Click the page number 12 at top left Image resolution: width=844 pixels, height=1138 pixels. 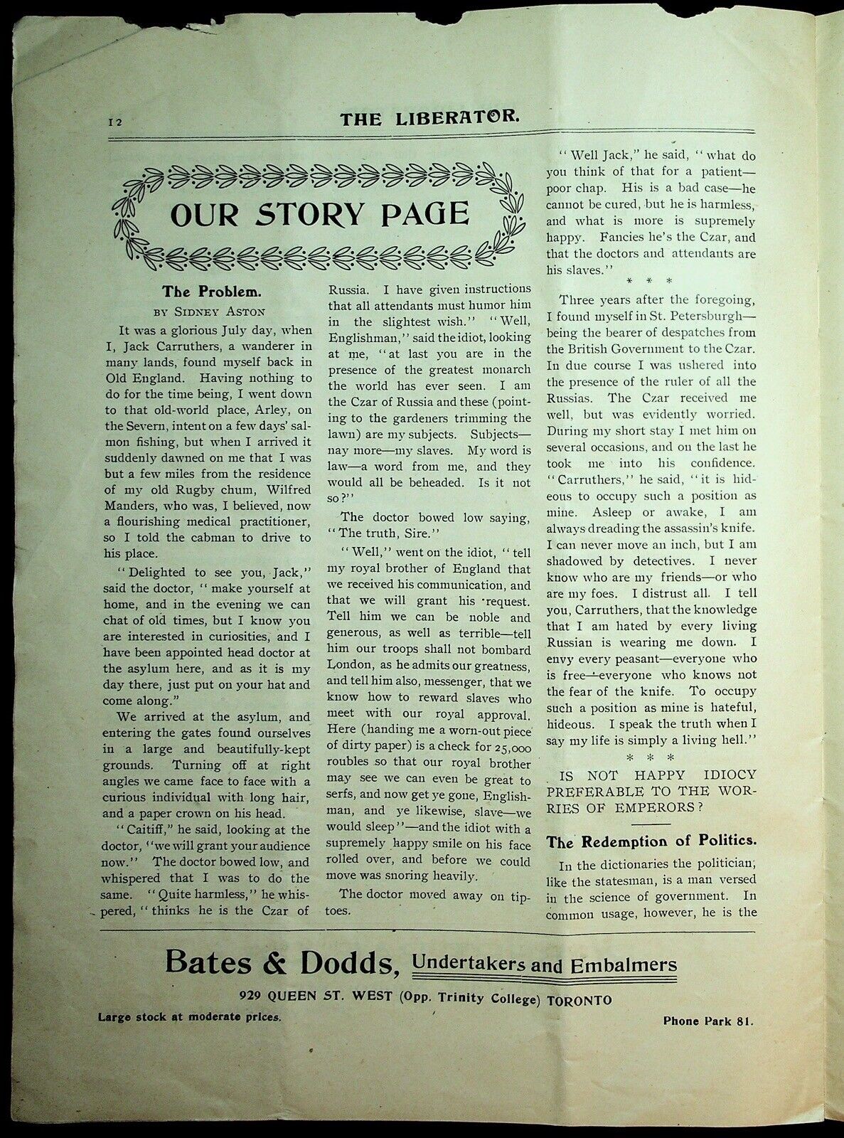[115, 122]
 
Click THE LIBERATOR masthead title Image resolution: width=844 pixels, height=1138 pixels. [429, 118]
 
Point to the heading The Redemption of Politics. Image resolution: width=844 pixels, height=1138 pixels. [651, 841]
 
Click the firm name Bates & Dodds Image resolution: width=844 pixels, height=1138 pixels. [281, 963]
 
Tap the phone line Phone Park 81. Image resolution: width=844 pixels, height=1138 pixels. [707, 1021]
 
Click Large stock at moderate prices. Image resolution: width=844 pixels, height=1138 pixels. [190, 1016]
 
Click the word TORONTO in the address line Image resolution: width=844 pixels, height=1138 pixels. [579, 999]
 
